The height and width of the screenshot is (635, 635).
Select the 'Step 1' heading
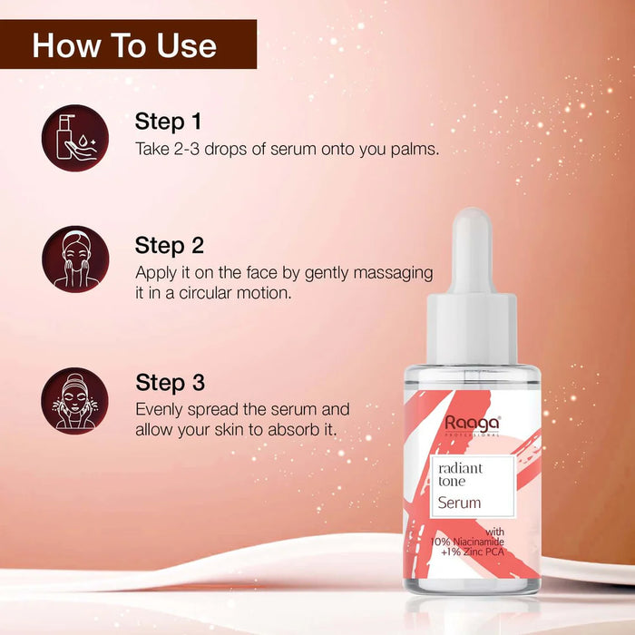tap(168, 121)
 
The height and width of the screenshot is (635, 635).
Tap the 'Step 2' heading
tap(169, 245)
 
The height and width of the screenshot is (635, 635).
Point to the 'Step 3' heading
tap(170, 382)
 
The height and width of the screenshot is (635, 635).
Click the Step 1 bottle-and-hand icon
tap(75, 137)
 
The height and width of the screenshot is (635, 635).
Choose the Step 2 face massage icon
tap(75, 259)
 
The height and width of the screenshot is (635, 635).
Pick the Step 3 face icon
tap(75, 400)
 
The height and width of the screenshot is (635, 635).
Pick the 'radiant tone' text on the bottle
tap(460, 474)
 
